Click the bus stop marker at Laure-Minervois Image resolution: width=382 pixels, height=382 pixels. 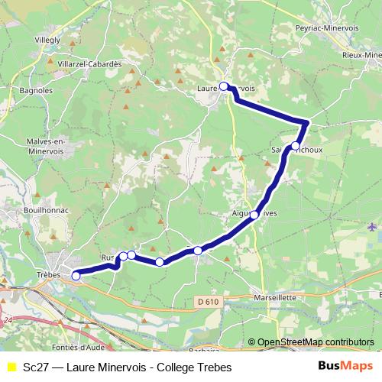click(x=224, y=86)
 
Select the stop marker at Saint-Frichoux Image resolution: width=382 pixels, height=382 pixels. click(x=296, y=145)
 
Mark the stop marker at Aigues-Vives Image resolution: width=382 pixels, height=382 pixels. click(x=254, y=215)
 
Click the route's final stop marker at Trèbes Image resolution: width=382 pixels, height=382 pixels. click(x=76, y=275)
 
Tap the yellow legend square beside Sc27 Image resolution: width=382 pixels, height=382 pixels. click(x=11, y=367)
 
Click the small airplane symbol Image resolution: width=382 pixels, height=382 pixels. click(x=372, y=226)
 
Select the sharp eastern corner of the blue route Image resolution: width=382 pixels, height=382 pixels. click(x=308, y=122)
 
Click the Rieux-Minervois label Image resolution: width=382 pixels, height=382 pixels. click(x=363, y=55)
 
